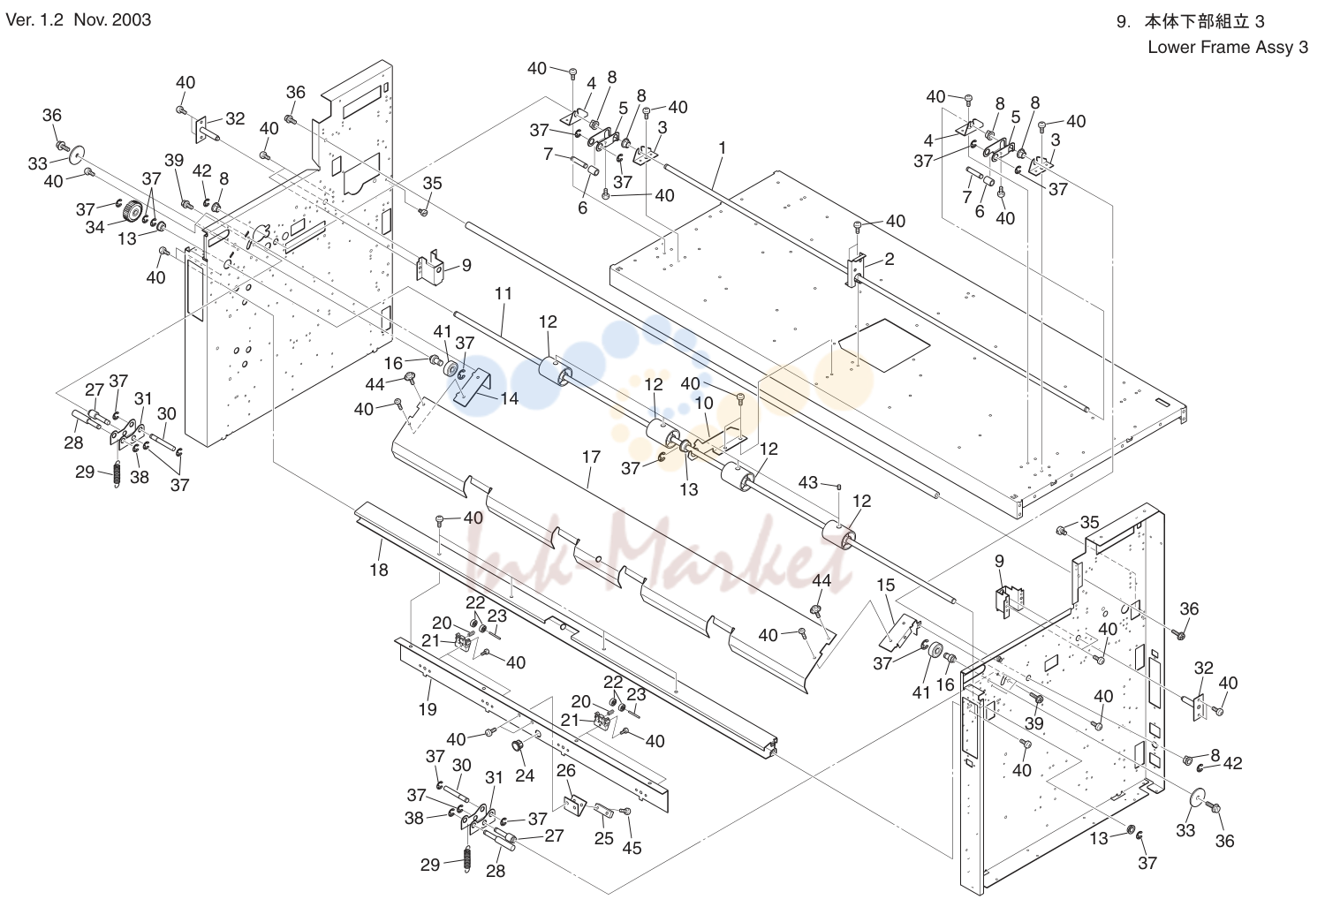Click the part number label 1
(722, 147)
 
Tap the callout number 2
(889, 259)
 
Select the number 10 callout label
(704, 404)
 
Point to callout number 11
(503, 294)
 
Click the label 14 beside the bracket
(509, 399)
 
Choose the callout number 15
(885, 586)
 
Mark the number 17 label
(591, 457)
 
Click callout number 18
(379, 570)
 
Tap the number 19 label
(428, 709)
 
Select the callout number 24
(525, 775)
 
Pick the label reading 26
(566, 771)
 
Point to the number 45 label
(632, 849)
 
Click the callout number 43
(808, 483)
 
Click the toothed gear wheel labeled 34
(132, 211)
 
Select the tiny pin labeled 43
(839, 487)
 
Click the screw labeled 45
(626, 812)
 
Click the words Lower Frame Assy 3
(1228, 48)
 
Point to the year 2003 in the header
(132, 20)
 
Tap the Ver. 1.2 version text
(34, 20)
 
